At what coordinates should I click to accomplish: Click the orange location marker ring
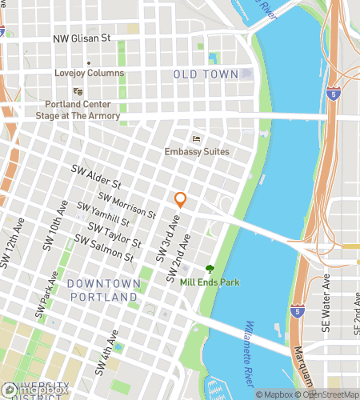tap(181, 200)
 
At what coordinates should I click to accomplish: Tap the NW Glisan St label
tap(92, 38)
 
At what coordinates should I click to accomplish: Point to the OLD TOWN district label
tap(206, 74)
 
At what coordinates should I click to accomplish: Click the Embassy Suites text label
tap(197, 152)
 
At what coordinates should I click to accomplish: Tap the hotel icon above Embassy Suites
tap(197, 139)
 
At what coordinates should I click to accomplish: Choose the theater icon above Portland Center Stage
tap(78, 91)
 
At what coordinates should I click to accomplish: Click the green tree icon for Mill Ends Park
tap(210, 269)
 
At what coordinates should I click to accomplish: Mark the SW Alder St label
tap(96, 177)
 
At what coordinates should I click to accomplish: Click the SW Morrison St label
tap(126, 205)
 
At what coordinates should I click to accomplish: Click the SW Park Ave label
tap(44, 292)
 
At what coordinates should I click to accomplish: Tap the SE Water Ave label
tap(326, 296)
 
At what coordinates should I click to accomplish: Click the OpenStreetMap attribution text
tap(327, 394)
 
